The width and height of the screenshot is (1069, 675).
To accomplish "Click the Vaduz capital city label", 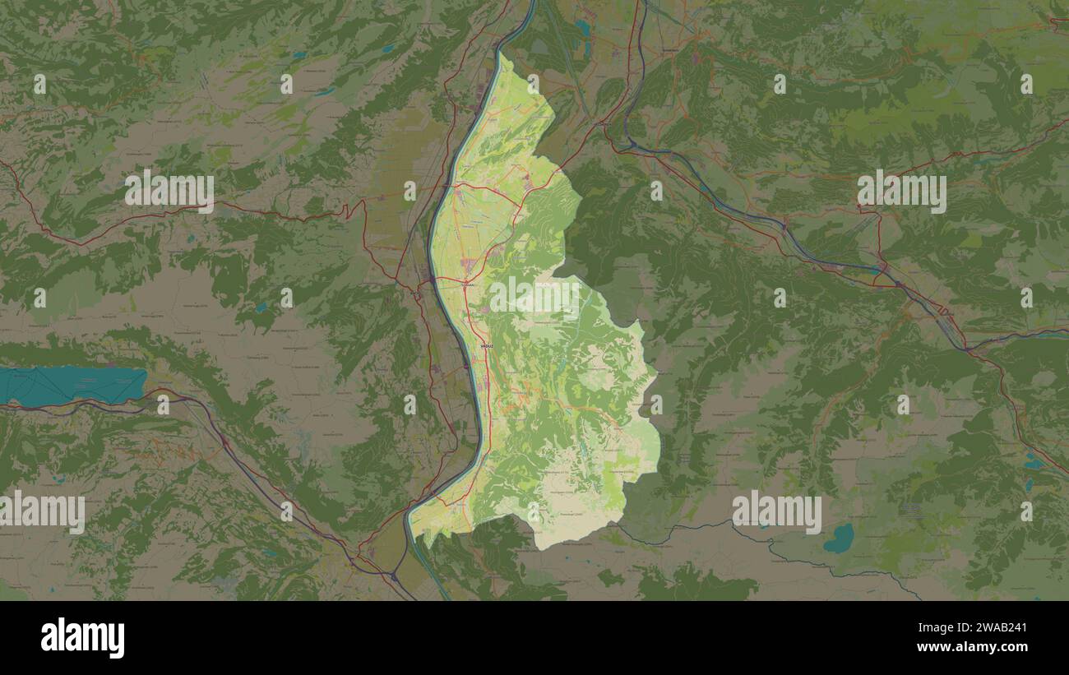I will tap(488, 348).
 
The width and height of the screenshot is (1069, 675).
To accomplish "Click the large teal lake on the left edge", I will tap(74, 385).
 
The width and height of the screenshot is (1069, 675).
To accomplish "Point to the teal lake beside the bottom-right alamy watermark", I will tap(840, 538).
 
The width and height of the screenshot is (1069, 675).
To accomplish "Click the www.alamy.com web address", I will tap(979, 647).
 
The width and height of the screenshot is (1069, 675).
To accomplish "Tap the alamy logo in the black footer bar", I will tap(82, 638).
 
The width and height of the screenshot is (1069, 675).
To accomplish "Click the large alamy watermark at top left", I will tap(169, 191).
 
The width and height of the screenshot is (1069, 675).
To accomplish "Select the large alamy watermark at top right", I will tap(901, 192).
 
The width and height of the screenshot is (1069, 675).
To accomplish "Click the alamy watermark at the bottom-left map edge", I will tap(43, 512).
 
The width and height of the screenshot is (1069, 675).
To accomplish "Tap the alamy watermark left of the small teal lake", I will tap(776, 512).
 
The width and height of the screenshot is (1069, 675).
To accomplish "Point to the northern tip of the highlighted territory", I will tap(501, 54).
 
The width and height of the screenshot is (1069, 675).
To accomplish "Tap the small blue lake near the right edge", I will tap(1032, 462).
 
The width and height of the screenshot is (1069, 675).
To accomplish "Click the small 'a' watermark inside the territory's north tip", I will tap(533, 83).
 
